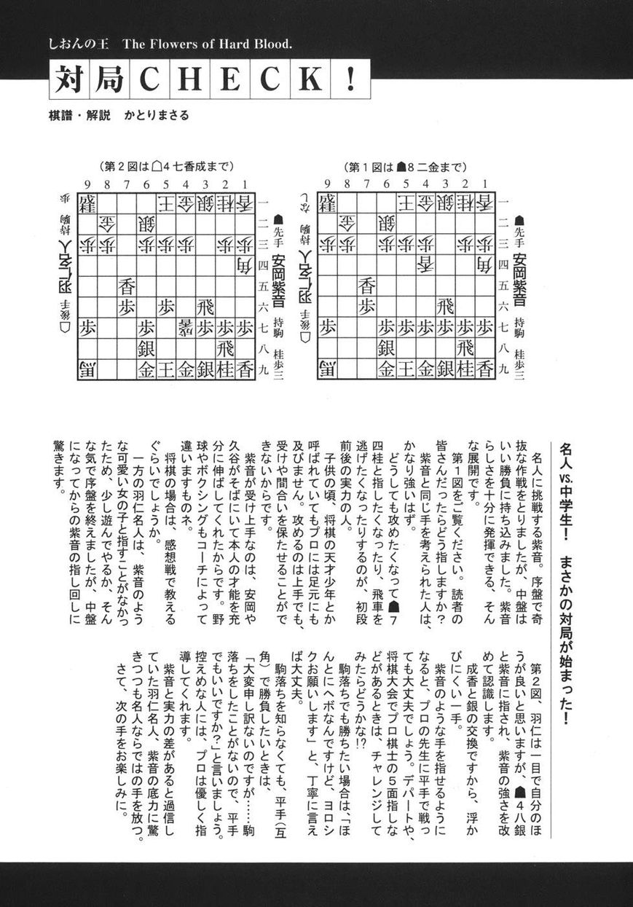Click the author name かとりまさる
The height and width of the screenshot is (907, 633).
coord(156,115)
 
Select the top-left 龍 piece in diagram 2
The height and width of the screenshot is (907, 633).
coord(88,202)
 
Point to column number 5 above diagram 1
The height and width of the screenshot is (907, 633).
coord(406,184)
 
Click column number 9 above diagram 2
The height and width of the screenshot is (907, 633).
coord(88,184)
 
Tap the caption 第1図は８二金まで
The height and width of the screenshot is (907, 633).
coord(404,167)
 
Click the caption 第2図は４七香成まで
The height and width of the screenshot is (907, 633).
coord(167,167)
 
